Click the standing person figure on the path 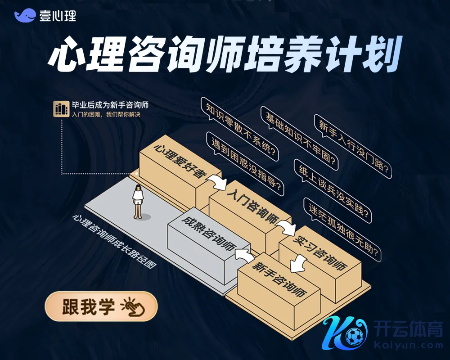138,202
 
